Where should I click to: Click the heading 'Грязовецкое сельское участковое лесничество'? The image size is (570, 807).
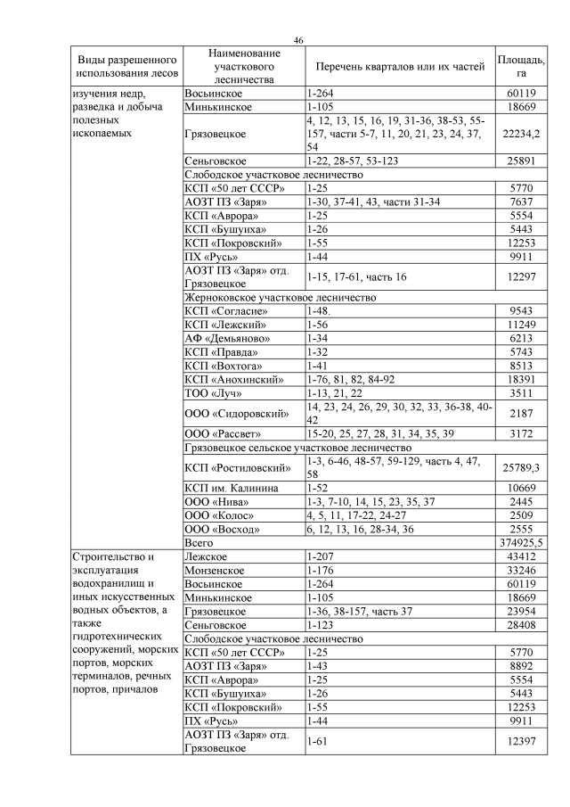pos(297,448)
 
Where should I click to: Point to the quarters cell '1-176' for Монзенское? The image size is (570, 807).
pos(319,571)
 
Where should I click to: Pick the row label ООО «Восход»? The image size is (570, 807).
pos(222,529)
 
